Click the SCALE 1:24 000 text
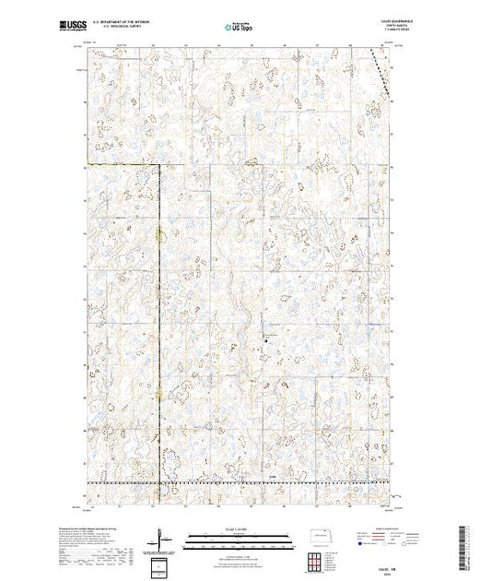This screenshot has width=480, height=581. tap(238, 528)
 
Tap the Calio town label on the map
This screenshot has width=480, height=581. tap(272, 477)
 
